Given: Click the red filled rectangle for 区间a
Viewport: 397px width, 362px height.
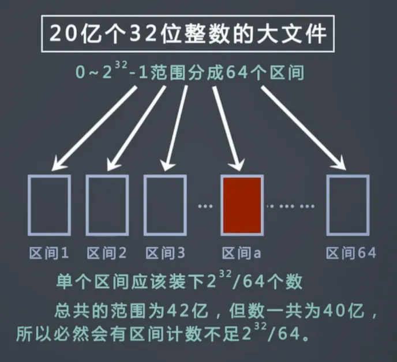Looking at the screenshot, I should pos(242,205).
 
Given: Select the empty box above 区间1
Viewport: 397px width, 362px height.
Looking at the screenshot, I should pos(49,205).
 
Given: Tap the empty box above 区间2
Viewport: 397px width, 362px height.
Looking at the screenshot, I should pos(107,205).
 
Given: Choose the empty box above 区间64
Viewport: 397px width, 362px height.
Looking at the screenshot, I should pos(347,205).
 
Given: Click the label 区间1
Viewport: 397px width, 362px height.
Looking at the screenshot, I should pos(49,253).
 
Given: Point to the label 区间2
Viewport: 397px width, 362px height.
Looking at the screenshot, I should pos(107,253).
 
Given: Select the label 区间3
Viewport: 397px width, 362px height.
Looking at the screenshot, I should pos(165,253).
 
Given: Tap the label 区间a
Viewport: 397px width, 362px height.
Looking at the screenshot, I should pos(242,253).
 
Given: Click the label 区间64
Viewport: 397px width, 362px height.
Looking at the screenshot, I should pos(351,253).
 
